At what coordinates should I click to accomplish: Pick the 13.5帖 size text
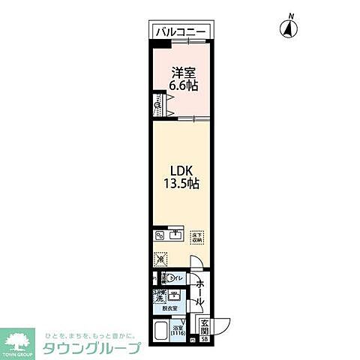181,184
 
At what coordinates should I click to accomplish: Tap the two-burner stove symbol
160,235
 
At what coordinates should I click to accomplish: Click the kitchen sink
177,235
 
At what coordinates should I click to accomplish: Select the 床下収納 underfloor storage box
197,236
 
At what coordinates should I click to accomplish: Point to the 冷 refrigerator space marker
160,259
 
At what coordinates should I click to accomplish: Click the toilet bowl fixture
164,278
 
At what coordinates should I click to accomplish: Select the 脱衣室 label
169,308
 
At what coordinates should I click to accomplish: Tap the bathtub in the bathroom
160,330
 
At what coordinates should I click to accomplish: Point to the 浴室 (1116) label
178,330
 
